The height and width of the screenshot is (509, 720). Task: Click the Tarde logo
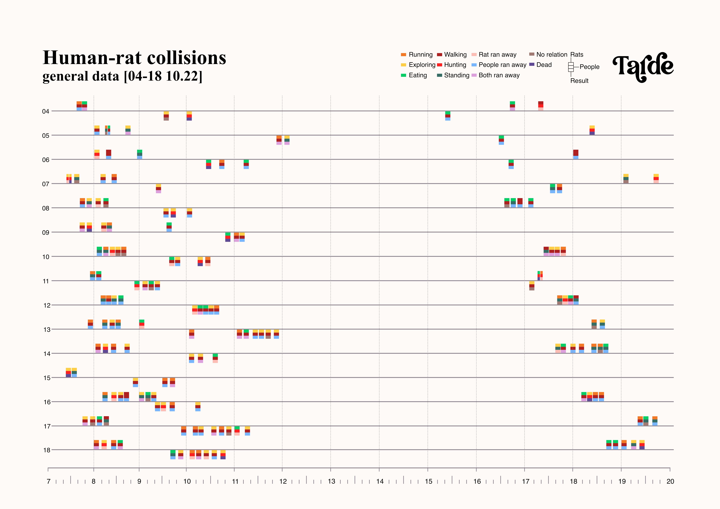pyautogui.click(x=643, y=67)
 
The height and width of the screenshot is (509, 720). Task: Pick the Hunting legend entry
pyautogui.click(x=452, y=65)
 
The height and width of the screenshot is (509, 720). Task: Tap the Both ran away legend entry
pyautogui.click(x=495, y=75)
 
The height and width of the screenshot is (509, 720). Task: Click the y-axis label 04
pyautogui.click(x=46, y=111)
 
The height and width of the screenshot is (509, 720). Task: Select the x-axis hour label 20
pyautogui.click(x=670, y=481)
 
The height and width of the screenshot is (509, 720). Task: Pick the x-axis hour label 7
pyautogui.click(x=49, y=481)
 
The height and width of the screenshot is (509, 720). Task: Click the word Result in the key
pyautogui.click(x=579, y=81)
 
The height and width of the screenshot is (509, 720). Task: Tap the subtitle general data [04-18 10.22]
pyautogui.click(x=122, y=76)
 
